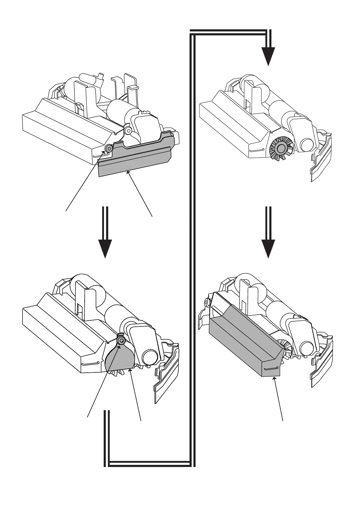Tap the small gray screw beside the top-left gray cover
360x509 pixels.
coord(108,148)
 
